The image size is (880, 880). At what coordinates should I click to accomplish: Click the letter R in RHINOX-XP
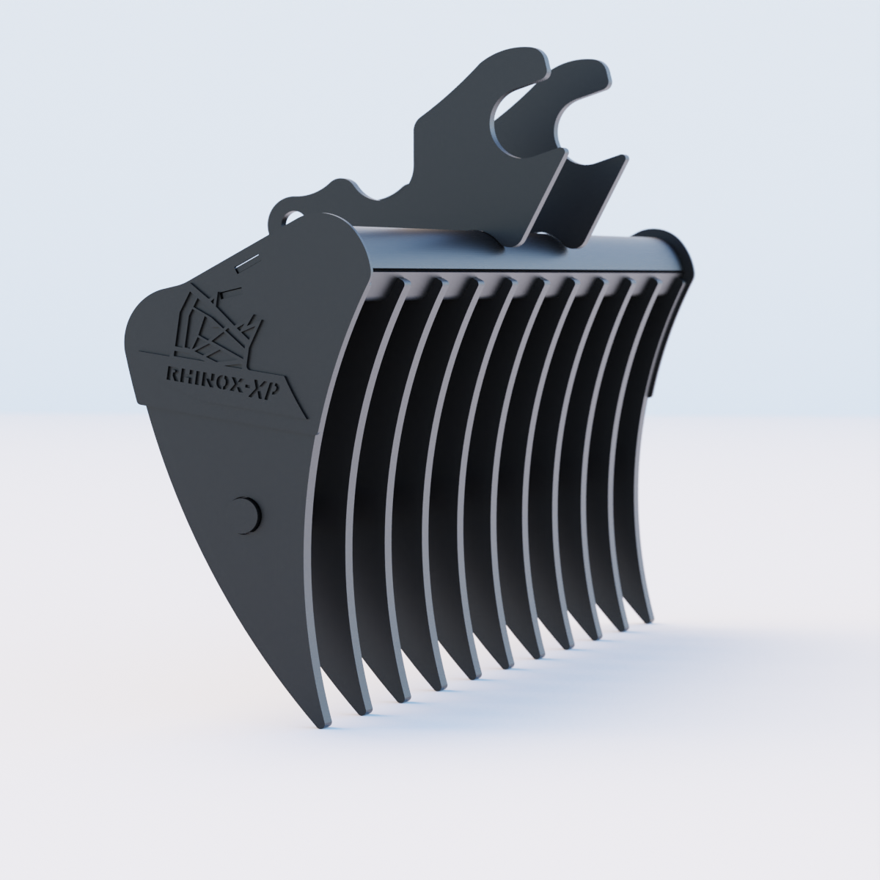(x=174, y=373)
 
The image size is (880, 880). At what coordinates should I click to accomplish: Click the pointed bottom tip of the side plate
(x=323, y=725)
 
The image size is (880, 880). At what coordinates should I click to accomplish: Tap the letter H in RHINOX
(x=189, y=374)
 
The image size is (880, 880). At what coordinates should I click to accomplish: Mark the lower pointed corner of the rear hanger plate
(x=579, y=245)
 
